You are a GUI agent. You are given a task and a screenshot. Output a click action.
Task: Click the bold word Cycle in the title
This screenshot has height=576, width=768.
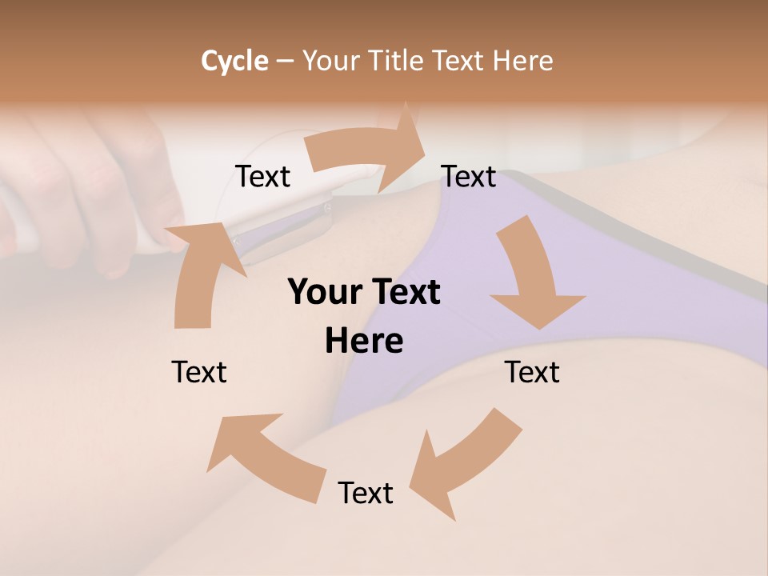234,61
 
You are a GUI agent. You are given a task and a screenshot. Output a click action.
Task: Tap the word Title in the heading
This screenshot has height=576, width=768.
397,61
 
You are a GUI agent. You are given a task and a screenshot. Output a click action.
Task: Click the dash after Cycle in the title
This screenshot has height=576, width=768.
285,61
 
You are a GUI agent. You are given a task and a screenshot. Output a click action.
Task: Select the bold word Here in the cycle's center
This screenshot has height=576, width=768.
364,341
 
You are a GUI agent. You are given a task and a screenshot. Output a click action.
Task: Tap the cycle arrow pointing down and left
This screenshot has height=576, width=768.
464,464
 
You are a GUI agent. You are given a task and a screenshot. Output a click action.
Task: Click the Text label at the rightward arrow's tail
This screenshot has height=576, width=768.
263,177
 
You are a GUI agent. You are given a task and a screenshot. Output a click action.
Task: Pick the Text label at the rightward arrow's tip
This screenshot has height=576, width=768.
469,177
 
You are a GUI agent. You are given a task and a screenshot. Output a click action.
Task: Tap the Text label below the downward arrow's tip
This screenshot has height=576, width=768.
532,373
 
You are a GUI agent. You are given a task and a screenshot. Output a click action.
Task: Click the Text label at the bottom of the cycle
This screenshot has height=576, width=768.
366,494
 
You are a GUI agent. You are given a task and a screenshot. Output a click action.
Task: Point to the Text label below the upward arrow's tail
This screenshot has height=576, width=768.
199,373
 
